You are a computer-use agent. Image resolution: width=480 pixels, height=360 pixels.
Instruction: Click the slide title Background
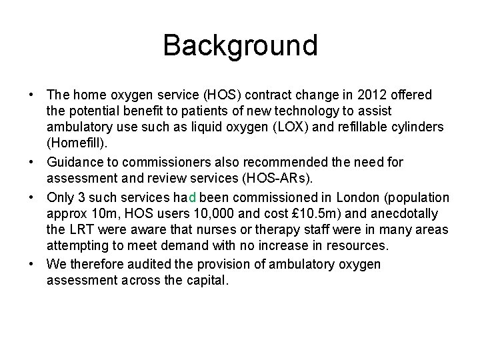240,45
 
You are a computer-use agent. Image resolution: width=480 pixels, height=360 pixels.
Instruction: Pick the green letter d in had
192,197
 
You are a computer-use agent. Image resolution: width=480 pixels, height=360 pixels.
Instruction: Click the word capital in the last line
206,281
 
